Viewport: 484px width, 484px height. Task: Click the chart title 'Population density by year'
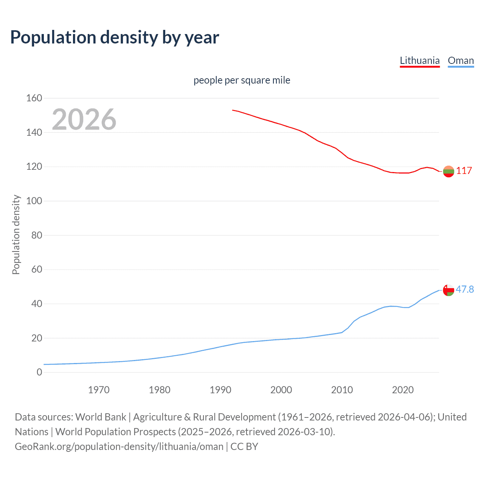pos(115,37)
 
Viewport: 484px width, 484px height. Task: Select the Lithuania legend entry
pos(420,60)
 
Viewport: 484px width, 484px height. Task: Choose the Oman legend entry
pos(461,60)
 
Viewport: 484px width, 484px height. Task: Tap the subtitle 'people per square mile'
pos(242,81)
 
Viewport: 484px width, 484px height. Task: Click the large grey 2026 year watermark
pos(84,119)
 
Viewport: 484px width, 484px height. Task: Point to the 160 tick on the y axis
pos(34,98)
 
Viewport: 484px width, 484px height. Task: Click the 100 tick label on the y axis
pos(34,201)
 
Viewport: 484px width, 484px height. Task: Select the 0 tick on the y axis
pos(39,372)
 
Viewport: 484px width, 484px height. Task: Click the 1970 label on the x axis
pos(99,390)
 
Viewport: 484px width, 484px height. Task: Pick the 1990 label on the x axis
pos(220,390)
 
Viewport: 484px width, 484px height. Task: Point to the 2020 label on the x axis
pos(403,390)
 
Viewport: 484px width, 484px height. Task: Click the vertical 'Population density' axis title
pos(16,234)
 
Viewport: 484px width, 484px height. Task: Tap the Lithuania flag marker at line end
pos(448,171)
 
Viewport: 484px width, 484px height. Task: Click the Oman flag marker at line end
pos(448,290)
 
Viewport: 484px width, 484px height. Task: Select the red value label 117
pos(464,171)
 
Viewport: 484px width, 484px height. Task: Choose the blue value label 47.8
pos(465,290)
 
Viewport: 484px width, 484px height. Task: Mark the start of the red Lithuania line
pos(233,110)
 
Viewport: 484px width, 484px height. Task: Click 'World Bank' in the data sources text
pos(101,417)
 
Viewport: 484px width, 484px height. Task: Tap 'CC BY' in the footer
pos(244,447)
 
